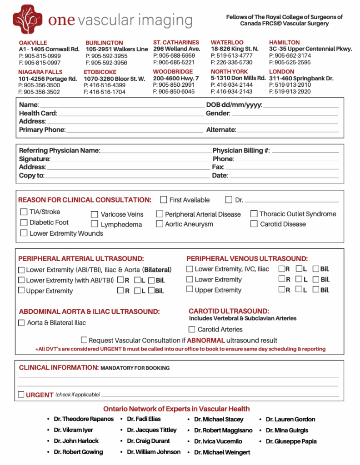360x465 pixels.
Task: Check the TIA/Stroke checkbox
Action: coord(24,212)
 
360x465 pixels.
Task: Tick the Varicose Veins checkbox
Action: coord(95,214)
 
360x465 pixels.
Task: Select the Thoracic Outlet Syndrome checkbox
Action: coord(254,213)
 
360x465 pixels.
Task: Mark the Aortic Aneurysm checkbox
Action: coord(160,224)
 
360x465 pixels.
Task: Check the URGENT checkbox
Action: coord(21,395)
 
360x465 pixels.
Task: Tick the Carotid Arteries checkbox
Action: coord(192,329)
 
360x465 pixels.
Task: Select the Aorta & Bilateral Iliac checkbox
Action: coord(21,323)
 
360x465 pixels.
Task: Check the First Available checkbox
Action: coord(164,200)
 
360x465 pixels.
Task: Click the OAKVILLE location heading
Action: coord(33,43)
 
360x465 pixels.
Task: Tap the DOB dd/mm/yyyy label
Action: coord(234,105)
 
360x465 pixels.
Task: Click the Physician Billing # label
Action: coord(241,150)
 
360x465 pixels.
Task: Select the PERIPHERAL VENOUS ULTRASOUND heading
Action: coord(247,259)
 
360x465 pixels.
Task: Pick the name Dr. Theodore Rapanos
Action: coord(84,419)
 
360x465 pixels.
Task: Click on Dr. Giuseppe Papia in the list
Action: coord(291,441)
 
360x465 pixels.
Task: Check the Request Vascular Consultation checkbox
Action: coord(84,340)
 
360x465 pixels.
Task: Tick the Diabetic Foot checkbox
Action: coord(24,223)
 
